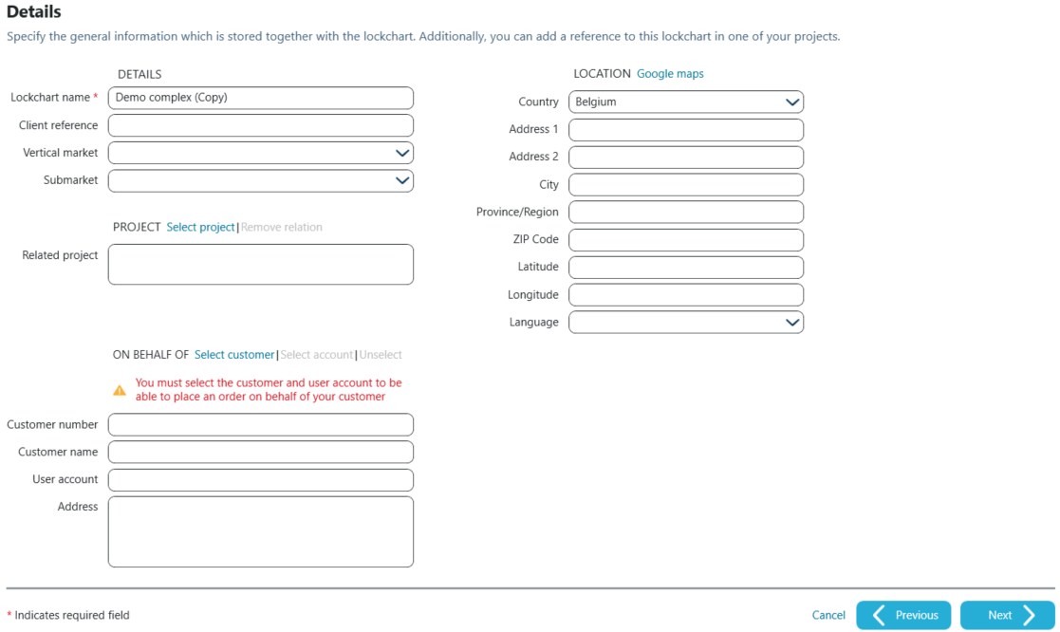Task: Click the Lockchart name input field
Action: coord(260,98)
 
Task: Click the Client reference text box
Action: coord(260,125)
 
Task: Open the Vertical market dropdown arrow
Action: coord(402,153)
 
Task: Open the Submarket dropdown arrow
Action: coord(402,180)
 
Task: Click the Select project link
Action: coord(200,228)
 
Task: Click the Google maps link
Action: coord(670,74)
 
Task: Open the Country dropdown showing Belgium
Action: coord(685,102)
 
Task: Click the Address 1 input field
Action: coord(685,130)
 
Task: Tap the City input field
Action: coord(685,185)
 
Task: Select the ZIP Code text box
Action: coord(685,240)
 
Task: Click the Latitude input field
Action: coord(685,268)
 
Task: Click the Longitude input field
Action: coord(685,295)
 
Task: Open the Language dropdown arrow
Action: coord(792,323)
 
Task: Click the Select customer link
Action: coord(234,355)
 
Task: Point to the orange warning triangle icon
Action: coord(120,390)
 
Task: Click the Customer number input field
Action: coord(260,425)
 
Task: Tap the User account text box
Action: coord(260,480)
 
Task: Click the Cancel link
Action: coord(828,616)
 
